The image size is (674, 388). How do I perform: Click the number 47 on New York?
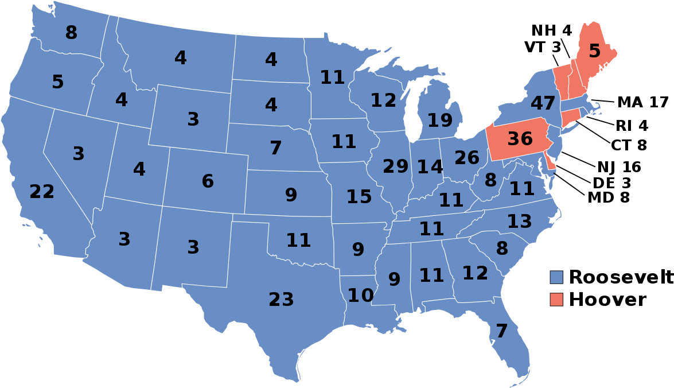pyautogui.click(x=543, y=104)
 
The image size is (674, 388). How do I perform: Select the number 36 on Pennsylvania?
pyautogui.click(x=520, y=139)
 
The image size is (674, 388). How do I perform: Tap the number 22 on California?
pyautogui.click(x=42, y=192)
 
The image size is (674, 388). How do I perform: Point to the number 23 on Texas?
pyautogui.click(x=281, y=300)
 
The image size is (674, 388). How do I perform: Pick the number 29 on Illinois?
pyautogui.click(x=395, y=166)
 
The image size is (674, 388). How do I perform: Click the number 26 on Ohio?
pyautogui.click(x=467, y=157)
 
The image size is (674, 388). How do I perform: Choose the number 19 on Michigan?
pyautogui.click(x=440, y=121)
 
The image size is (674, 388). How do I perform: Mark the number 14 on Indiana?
pyautogui.click(x=430, y=167)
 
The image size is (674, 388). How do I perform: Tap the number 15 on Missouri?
pyautogui.click(x=359, y=197)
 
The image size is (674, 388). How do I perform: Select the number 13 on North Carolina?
pyautogui.click(x=519, y=222)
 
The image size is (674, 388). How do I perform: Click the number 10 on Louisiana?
pyautogui.click(x=360, y=296)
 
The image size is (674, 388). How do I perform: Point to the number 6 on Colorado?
pyautogui.click(x=208, y=181)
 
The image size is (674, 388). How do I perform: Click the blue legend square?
pyautogui.click(x=556, y=277)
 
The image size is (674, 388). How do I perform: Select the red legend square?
pyautogui.click(x=556, y=299)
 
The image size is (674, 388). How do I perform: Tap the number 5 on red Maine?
pyautogui.click(x=595, y=52)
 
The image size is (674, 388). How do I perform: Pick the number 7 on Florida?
pyautogui.click(x=501, y=331)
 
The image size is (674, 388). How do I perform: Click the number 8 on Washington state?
pyautogui.click(x=71, y=33)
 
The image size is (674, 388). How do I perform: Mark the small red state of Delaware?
pyautogui.click(x=551, y=164)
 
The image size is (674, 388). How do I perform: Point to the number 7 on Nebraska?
pyautogui.click(x=276, y=148)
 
